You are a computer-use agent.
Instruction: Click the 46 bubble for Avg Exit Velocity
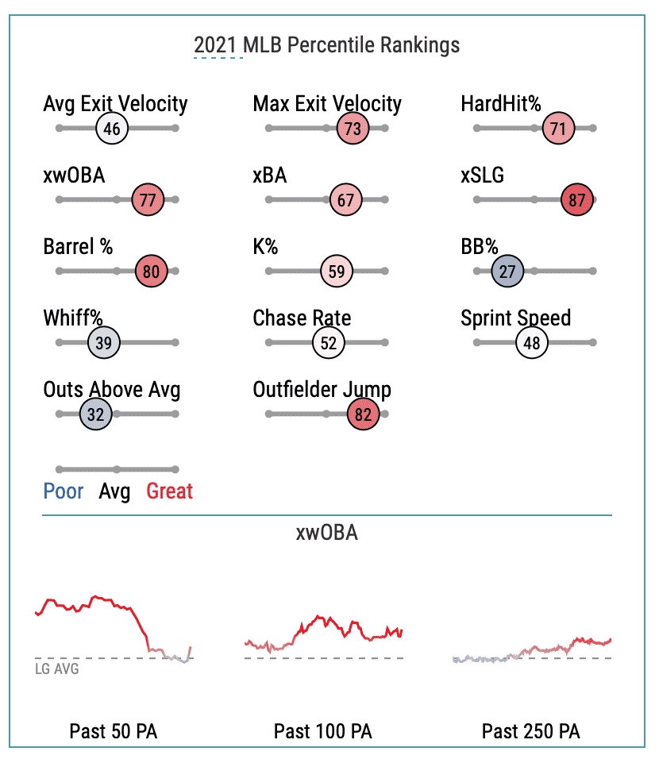coord(112,129)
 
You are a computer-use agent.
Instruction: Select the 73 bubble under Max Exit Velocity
coord(353,129)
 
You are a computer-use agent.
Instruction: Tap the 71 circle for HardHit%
coord(559,129)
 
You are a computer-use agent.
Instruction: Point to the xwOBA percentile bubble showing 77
coord(148,200)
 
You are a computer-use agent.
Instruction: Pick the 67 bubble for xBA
coord(346,200)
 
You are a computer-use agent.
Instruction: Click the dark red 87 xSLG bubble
coord(576,200)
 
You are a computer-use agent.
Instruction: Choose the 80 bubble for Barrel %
coord(151,272)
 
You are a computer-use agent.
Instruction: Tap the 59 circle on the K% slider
coord(337,272)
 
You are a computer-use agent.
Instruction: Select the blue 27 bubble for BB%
coord(507,272)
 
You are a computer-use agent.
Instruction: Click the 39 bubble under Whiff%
coord(103,343)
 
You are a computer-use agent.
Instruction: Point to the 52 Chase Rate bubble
coord(328,343)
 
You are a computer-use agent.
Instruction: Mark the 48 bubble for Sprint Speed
coord(532,343)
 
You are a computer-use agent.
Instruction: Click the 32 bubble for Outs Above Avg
coord(96,414)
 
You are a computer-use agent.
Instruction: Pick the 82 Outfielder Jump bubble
coord(364,414)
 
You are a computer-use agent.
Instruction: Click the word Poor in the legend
coord(64,491)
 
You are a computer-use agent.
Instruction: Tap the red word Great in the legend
coord(169,491)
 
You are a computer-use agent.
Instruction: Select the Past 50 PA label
coord(113,731)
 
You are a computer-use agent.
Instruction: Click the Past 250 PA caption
coord(531,731)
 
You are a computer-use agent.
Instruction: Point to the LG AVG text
coord(57,668)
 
